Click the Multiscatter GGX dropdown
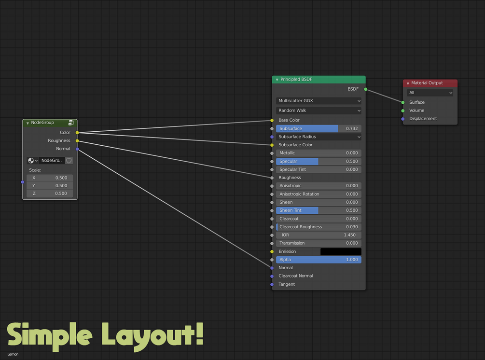tap(319, 101)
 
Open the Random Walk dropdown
tap(319, 111)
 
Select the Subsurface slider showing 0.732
tap(319, 129)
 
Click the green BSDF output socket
tap(366, 89)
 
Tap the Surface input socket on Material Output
tap(403, 102)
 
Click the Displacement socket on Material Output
tap(403, 119)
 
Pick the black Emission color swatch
tap(341, 251)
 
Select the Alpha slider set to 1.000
tap(319, 260)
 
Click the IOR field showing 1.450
tap(319, 235)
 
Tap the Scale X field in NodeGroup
tap(50, 178)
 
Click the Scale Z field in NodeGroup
tap(50, 194)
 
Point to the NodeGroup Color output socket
tap(77, 133)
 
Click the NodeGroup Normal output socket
tap(77, 149)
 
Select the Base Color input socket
tap(272, 120)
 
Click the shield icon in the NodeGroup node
tap(69, 161)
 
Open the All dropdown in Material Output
tap(430, 93)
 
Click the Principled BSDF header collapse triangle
tap(277, 80)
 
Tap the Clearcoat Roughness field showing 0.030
tap(319, 227)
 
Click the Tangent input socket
tap(272, 284)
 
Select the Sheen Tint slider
tap(319, 210)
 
